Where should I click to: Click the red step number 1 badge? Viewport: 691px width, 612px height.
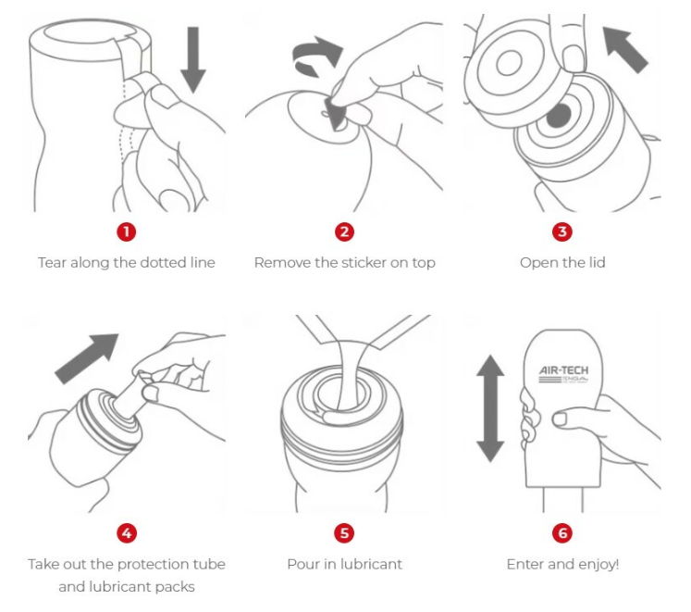[x=127, y=231]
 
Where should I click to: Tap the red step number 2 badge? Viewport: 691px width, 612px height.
[x=344, y=231]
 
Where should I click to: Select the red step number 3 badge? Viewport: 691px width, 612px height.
[x=562, y=231]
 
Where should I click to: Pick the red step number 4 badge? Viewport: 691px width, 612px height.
[x=127, y=533]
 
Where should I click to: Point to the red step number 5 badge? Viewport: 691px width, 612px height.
[x=344, y=533]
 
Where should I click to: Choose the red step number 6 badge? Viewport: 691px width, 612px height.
[x=562, y=533]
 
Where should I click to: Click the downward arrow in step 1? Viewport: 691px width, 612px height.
[x=193, y=59]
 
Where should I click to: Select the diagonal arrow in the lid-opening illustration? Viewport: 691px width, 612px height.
[x=625, y=49]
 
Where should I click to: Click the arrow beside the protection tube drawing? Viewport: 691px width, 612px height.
[x=86, y=358]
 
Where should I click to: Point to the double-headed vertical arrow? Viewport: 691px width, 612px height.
[x=490, y=408]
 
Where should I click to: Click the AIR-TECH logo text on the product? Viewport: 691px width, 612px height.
[x=564, y=370]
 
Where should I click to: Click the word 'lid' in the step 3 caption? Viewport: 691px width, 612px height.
[x=597, y=263]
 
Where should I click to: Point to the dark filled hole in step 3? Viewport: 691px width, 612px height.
[x=559, y=117]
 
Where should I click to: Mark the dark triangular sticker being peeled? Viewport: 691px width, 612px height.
[x=335, y=114]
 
